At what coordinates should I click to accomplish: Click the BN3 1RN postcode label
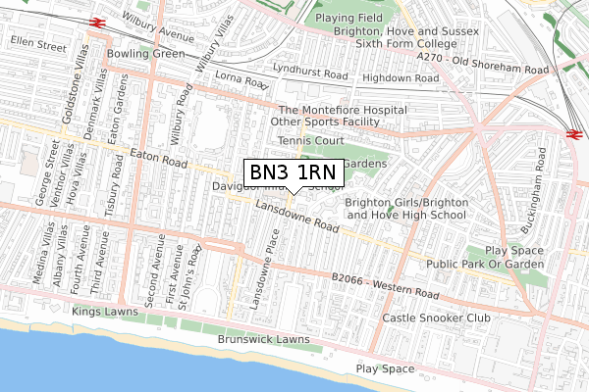pos(294,172)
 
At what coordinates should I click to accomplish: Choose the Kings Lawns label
pos(106,311)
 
